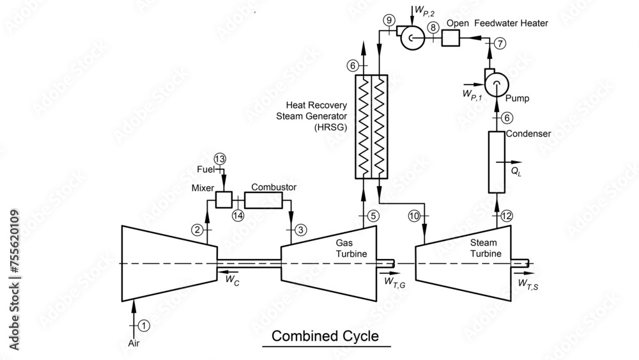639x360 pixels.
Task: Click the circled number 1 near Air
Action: click(144, 325)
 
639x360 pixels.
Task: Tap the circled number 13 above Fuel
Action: click(220, 159)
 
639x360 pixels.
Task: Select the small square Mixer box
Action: click(223, 199)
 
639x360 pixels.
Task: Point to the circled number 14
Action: click(238, 215)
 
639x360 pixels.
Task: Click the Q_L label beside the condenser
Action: click(516, 171)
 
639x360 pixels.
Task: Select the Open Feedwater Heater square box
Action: click(450, 38)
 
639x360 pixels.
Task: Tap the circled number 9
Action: click(389, 20)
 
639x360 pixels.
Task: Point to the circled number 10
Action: click(414, 216)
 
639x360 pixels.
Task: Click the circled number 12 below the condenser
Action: click(507, 215)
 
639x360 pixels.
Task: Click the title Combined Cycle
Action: click(325, 336)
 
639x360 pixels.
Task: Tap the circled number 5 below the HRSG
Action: click(374, 215)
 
